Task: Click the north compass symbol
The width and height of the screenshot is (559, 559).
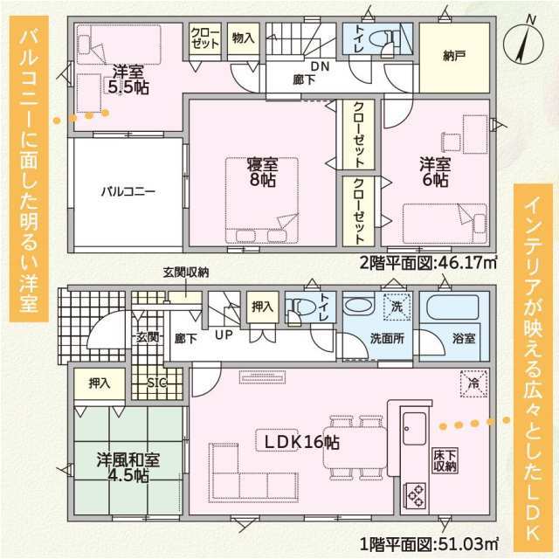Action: [523, 44]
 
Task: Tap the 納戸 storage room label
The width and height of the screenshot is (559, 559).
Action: [454, 55]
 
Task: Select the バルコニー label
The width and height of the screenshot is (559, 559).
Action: [128, 192]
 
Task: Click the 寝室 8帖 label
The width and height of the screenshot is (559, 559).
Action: [263, 172]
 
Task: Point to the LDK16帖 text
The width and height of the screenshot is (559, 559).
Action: [301, 443]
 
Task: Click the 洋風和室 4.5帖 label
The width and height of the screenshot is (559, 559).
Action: [128, 468]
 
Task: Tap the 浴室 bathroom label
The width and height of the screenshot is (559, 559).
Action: [464, 338]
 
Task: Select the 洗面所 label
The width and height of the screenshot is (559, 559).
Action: [387, 338]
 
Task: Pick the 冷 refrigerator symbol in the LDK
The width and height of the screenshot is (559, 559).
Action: [473, 384]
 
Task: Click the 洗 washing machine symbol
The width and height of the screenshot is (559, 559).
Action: [397, 307]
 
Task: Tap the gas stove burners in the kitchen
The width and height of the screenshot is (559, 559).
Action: [415, 495]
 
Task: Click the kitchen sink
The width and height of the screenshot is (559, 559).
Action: [414, 428]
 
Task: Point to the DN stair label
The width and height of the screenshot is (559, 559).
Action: [321, 66]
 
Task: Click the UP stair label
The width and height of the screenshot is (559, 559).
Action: [224, 335]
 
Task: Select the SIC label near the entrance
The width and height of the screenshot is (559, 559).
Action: [157, 383]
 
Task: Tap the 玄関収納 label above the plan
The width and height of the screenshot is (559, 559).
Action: [186, 273]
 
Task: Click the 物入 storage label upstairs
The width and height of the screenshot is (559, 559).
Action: [244, 38]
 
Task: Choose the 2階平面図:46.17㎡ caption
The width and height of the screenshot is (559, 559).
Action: [428, 264]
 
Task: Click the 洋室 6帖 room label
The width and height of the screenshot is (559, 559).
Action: [435, 173]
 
